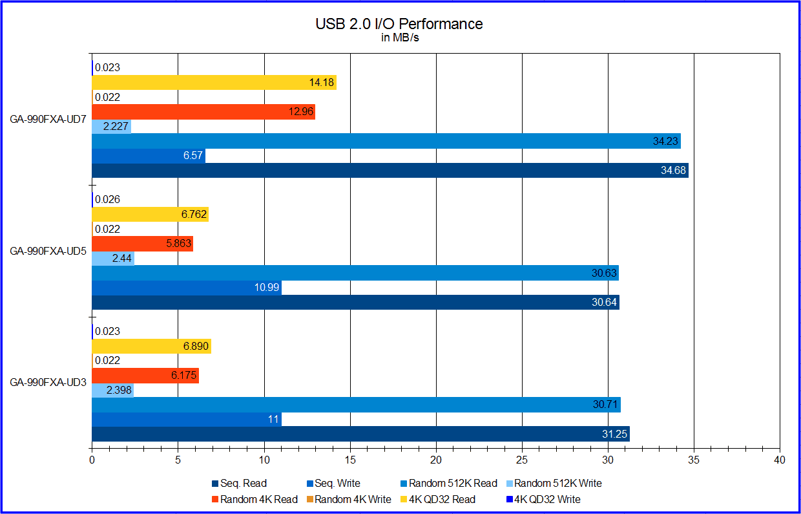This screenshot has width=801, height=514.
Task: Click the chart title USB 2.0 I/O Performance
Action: [x=399, y=24]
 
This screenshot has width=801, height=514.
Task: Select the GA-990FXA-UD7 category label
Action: [x=48, y=120]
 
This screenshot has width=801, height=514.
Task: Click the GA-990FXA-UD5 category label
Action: [x=48, y=252]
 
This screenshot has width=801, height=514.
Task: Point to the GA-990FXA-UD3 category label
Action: [x=48, y=383]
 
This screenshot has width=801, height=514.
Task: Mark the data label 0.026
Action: [x=107, y=200]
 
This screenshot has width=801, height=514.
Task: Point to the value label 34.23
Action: [x=665, y=141]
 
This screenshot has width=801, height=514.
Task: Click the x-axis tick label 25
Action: [x=522, y=460]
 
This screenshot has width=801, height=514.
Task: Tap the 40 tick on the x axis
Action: [x=780, y=460]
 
